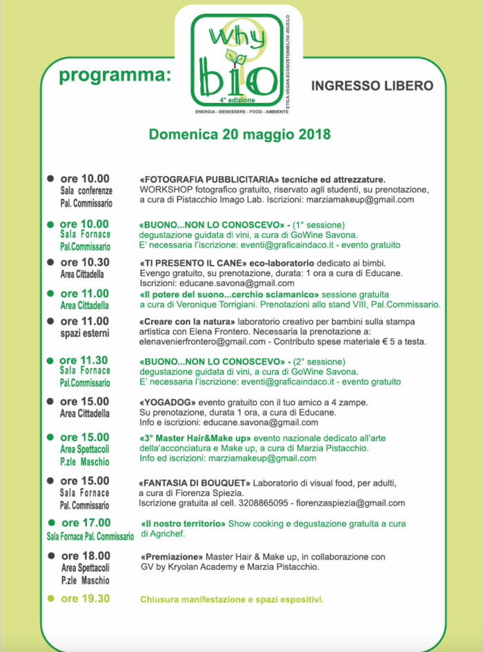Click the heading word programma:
(115, 76)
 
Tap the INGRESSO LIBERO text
(372, 86)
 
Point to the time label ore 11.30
(83, 360)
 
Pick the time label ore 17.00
(86, 523)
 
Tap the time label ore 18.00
(86, 555)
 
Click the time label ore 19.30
(86, 599)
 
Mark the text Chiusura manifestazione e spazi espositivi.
(232, 600)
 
